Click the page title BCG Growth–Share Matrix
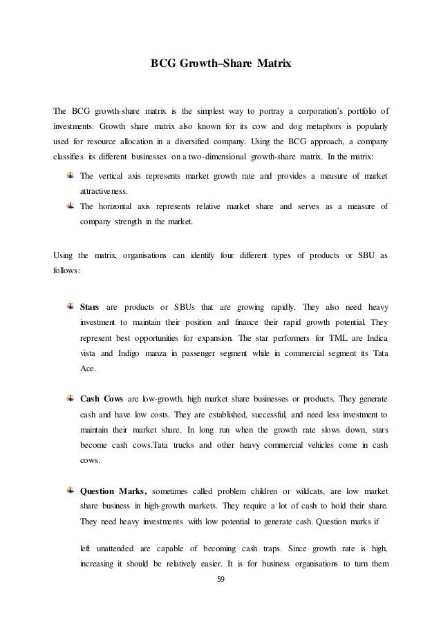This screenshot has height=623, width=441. [220, 63]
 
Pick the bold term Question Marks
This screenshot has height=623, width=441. [113, 492]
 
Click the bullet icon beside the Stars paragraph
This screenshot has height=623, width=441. [71, 306]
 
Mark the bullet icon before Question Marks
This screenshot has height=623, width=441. [71, 491]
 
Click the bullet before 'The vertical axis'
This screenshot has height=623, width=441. [71, 174]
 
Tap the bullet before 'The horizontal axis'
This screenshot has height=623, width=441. [71, 205]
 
